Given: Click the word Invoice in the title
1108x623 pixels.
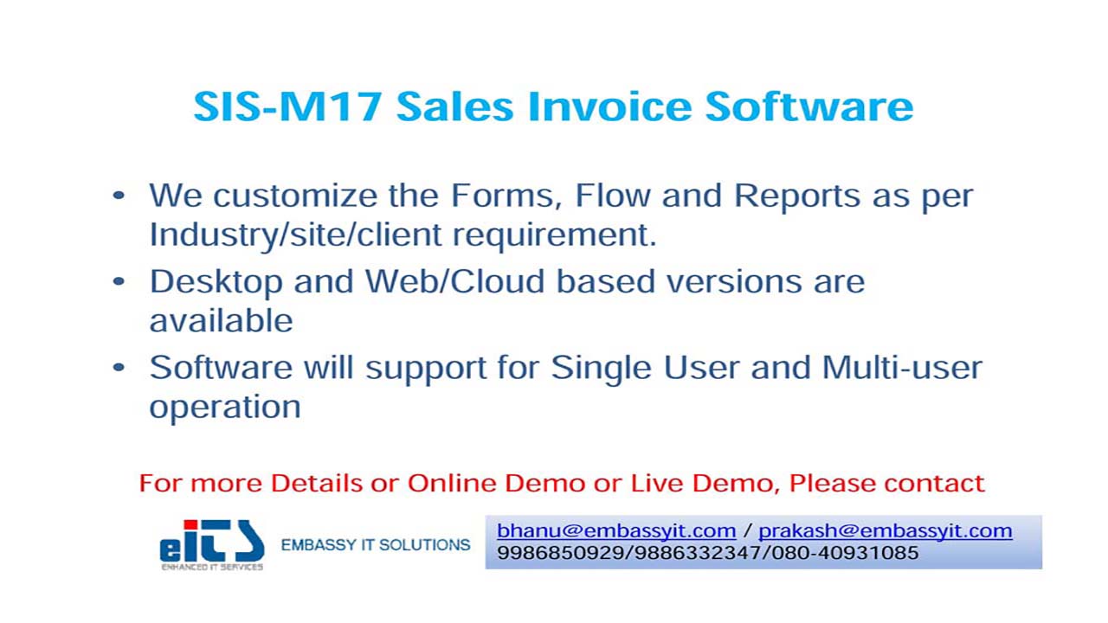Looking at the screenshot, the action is (609, 106).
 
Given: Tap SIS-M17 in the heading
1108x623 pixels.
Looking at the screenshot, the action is (287, 106).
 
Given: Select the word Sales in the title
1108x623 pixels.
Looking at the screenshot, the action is (455, 106).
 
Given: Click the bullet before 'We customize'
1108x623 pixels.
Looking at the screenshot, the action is (119, 195).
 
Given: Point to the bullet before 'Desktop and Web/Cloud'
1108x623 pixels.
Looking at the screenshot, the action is (119, 281).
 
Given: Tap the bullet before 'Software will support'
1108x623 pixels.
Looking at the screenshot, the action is (119, 368).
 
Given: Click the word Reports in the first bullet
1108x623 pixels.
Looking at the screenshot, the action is (797, 197).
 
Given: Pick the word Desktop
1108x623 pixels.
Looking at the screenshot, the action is (216, 283).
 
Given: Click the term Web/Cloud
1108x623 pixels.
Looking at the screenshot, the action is (455, 281).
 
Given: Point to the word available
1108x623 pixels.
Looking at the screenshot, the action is (221, 320).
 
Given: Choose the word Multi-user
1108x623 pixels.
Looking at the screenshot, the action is (902, 368).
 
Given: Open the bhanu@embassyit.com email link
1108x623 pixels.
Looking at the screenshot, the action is (616, 531).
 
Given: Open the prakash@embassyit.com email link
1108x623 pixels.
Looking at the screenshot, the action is (886, 531).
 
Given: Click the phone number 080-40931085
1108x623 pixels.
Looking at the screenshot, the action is (846, 553).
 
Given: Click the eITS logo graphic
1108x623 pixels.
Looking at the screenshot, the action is (212, 545).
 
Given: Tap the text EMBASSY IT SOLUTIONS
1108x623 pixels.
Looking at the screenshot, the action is (376, 545).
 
